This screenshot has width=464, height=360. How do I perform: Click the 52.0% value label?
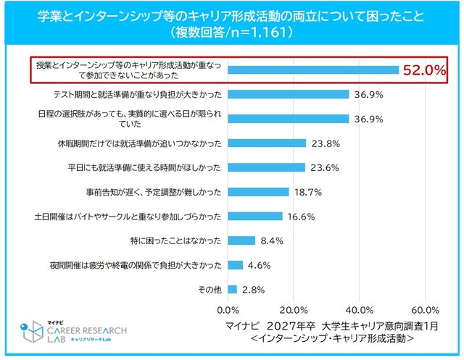423,71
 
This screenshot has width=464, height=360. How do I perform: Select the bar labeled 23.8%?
267,143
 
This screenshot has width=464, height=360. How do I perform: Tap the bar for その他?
232,289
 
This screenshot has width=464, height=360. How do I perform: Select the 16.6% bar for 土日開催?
255,216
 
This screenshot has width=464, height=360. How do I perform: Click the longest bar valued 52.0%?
313,70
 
